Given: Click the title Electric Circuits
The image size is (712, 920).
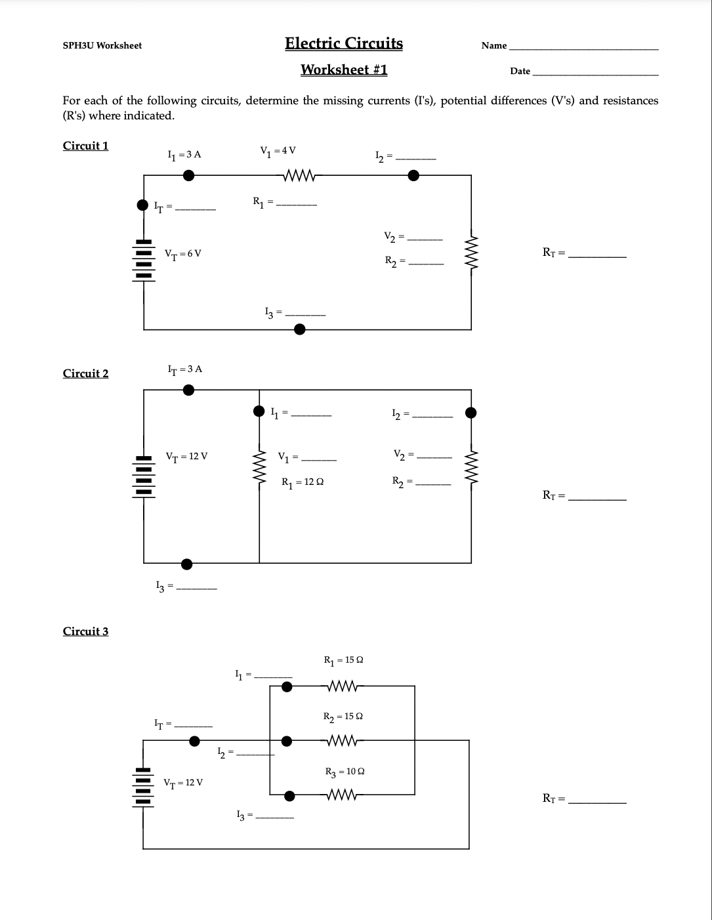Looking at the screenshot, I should point(344,43).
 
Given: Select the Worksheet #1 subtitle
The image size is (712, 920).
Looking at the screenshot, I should point(344,70).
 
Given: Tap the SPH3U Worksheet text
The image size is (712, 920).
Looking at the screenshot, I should point(102,45).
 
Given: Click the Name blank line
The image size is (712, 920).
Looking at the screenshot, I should point(583,48).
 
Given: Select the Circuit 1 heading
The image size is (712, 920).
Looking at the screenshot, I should point(85,146).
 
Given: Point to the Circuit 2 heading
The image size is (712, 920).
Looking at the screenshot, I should point(85,373).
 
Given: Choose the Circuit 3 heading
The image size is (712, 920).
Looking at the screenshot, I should point(85,631).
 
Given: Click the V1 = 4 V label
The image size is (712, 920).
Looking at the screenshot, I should point(278,151).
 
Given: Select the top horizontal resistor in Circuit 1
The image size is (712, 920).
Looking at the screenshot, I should point(300,175).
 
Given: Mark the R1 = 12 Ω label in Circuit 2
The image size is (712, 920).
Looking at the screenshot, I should point(302,482).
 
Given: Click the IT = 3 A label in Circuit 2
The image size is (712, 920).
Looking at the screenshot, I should point(185,369).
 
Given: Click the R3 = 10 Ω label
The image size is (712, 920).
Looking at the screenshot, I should point(345,772).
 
